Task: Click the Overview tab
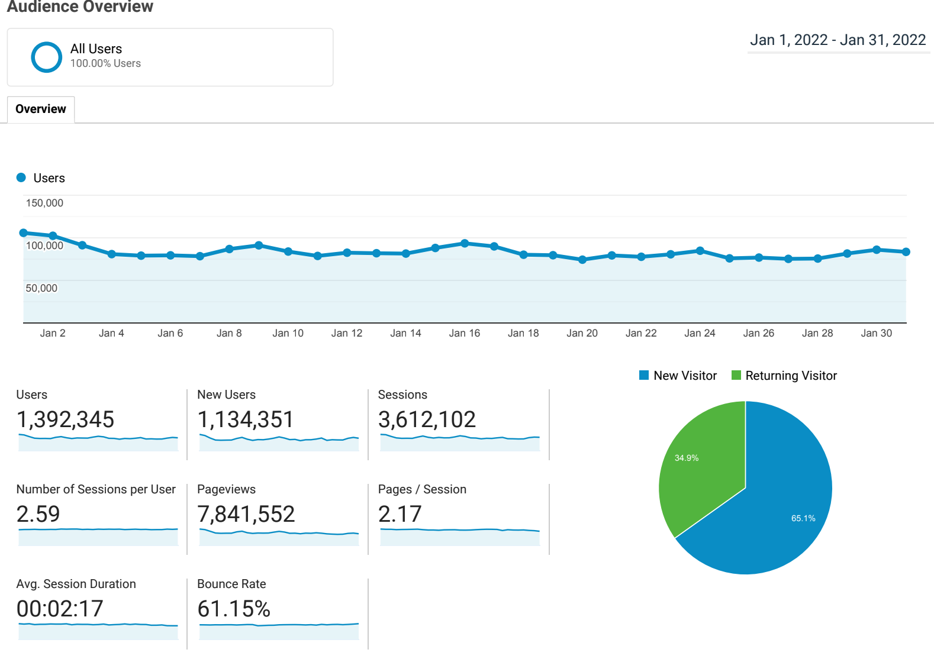(x=41, y=109)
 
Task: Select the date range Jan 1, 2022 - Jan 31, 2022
(x=838, y=40)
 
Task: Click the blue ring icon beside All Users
(x=46, y=57)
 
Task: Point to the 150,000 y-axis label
(x=44, y=203)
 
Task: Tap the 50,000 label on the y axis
(x=41, y=288)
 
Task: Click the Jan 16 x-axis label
(x=464, y=333)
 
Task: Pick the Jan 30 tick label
(x=876, y=333)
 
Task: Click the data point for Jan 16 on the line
(x=465, y=243)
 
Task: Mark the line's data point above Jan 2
(x=53, y=235)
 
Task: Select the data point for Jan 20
(x=582, y=260)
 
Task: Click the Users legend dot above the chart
(x=21, y=177)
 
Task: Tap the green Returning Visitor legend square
(x=736, y=375)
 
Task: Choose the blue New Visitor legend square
(x=644, y=375)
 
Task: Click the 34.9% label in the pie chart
(x=687, y=458)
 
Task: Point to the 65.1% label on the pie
(x=803, y=518)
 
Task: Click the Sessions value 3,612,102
(x=427, y=419)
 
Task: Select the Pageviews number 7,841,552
(x=246, y=514)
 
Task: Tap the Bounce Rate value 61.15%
(x=234, y=609)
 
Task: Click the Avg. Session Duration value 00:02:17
(x=60, y=609)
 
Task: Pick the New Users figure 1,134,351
(x=246, y=419)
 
